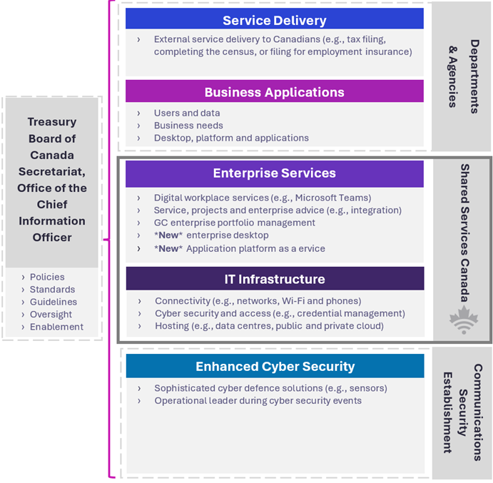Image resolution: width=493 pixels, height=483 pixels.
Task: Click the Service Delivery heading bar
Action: pos(274,20)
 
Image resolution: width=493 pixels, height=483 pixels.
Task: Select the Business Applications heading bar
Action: pos(274,92)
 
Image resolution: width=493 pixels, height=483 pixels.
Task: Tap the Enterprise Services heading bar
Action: pos(274,173)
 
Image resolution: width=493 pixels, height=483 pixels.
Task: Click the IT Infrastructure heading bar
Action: pos(274,279)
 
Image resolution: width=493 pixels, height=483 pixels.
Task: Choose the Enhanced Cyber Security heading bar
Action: pos(275,367)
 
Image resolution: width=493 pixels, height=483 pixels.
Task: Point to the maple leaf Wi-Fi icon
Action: pos(464,322)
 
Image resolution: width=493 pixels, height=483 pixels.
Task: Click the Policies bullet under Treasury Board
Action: pos(47,277)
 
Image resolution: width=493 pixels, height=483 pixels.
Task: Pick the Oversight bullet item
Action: pos(51,315)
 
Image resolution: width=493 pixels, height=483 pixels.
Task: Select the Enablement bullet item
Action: pos(56,327)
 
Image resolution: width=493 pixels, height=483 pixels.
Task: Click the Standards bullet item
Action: pos(52,290)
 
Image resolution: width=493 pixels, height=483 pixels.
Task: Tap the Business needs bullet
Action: pos(188,126)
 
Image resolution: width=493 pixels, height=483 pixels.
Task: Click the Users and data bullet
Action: pos(187,113)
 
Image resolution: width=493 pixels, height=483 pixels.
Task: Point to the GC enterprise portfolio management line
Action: pos(234,223)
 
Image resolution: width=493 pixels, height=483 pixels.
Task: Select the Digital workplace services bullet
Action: pos(262,198)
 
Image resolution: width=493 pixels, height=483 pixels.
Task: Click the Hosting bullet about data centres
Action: pos(268,326)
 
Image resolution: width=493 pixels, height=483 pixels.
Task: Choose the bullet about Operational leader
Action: pos(258,401)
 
